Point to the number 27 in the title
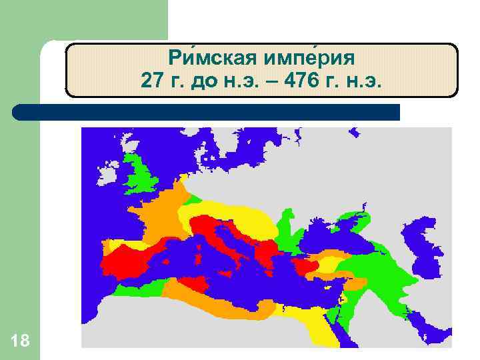tap(151, 81)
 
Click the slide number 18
tap(20, 341)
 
